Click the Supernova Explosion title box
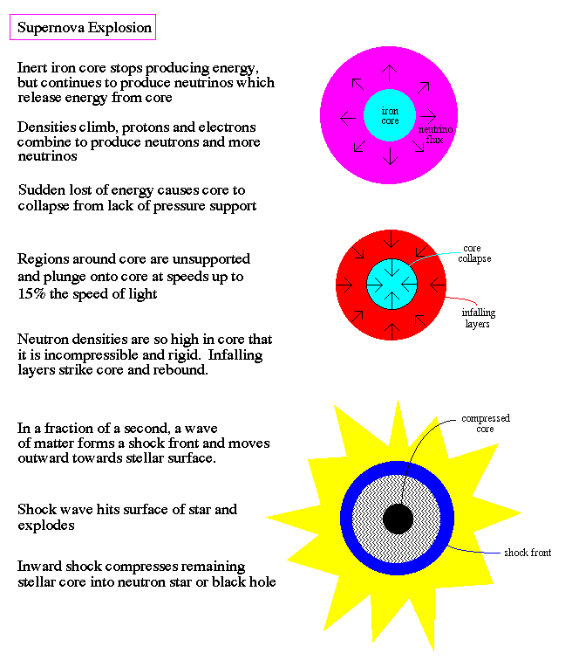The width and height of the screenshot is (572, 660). pos(83,27)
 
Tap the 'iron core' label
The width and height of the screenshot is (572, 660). pos(390,116)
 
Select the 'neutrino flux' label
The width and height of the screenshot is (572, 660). pos(435,134)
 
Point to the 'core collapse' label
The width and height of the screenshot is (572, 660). pos(474,253)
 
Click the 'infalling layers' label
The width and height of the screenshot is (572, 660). pos(479,318)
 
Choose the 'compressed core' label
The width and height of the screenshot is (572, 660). pos(486,423)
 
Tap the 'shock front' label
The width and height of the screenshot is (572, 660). pos(528,553)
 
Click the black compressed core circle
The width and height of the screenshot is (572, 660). pos(398,519)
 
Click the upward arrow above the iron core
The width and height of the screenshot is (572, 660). pos(390,73)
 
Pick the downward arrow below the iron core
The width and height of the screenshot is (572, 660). pos(390,155)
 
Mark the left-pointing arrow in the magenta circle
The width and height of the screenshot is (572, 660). pos(348,118)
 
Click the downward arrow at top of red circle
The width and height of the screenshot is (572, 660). pos(392,239)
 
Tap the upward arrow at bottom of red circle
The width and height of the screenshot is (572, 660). pos(392,331)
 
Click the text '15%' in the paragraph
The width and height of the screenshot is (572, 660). pos(31,293)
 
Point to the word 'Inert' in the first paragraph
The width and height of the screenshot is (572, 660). pos(32,68)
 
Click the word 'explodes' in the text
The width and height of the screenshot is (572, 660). pos(46,526)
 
